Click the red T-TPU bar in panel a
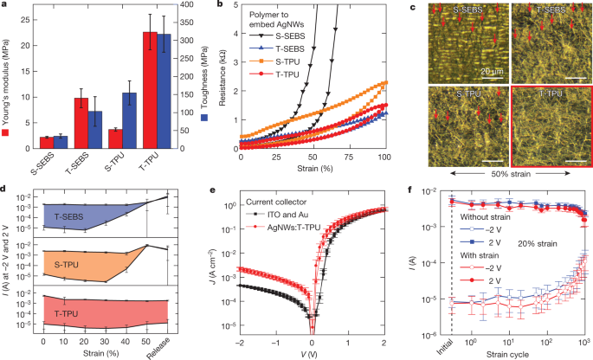150,90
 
